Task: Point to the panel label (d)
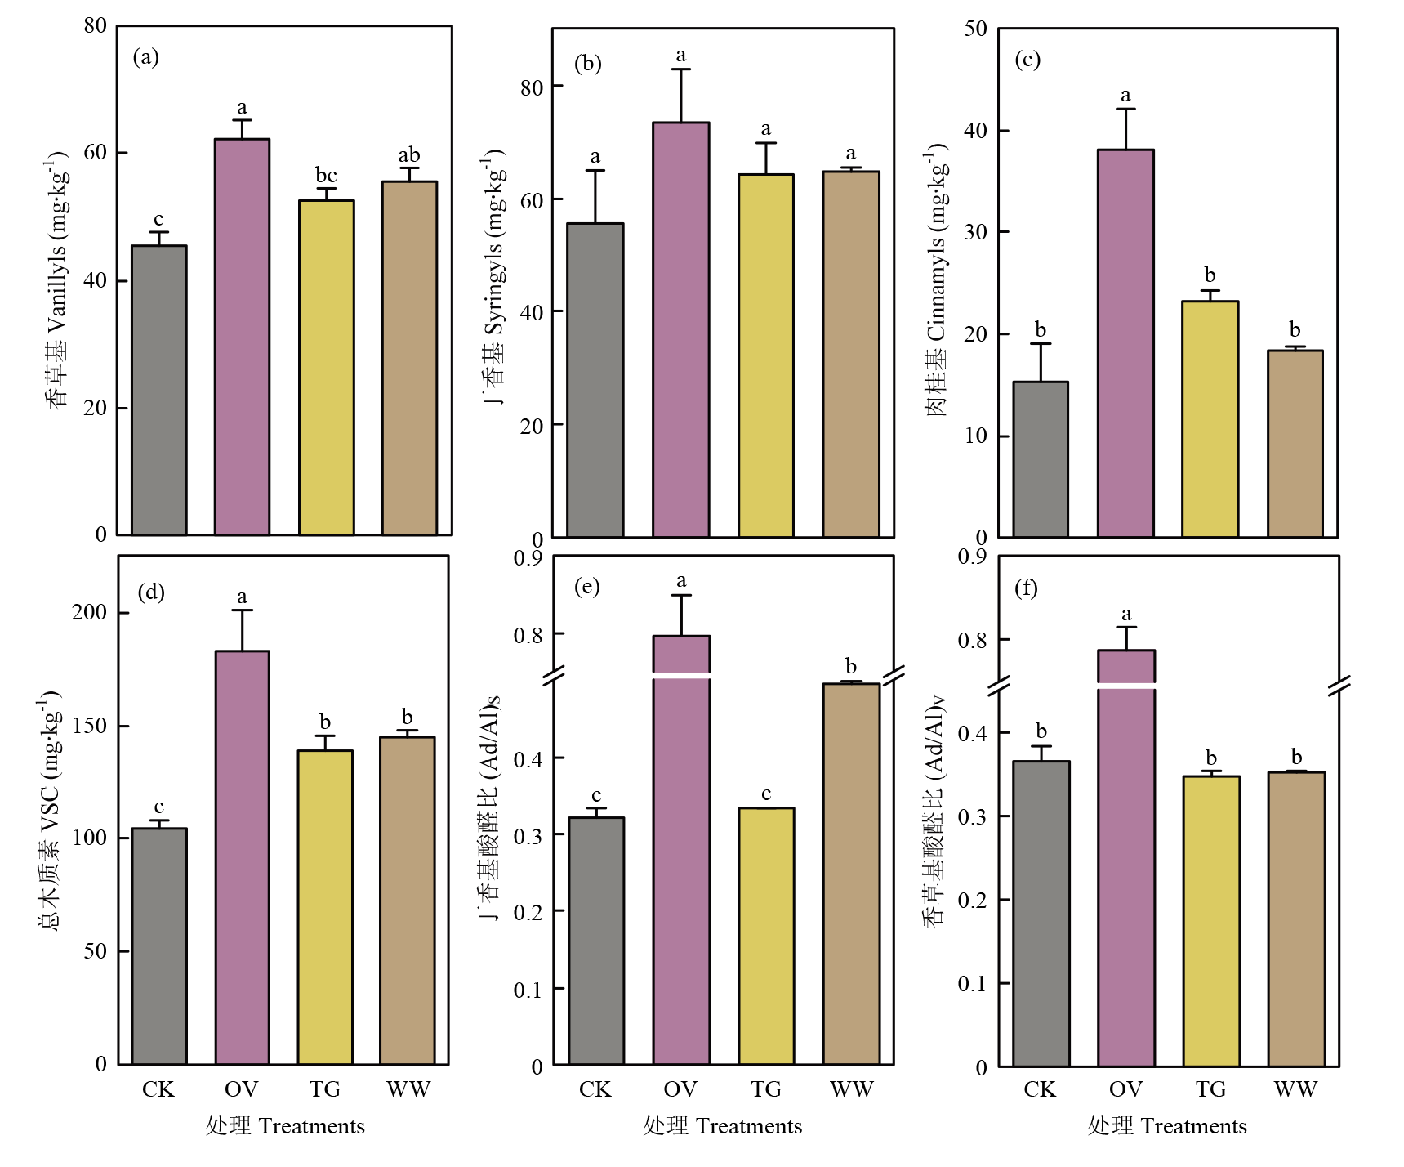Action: click(x=151, y=592)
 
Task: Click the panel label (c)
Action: click(x=1027, y=60)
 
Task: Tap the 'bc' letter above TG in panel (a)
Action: click(x=326, y=176)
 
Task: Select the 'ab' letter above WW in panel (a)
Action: click(x=408, y=155)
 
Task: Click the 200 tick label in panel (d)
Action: click(x=90, y=612)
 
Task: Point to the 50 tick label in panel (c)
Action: click(x=975, y=29)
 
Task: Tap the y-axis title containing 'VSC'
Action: click(x=50, y=809)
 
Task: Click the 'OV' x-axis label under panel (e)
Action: click(x=680, y=1089)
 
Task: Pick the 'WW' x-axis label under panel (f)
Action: click(x=1295, y=1089)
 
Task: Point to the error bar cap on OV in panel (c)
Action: click(x=1125, y=109)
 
